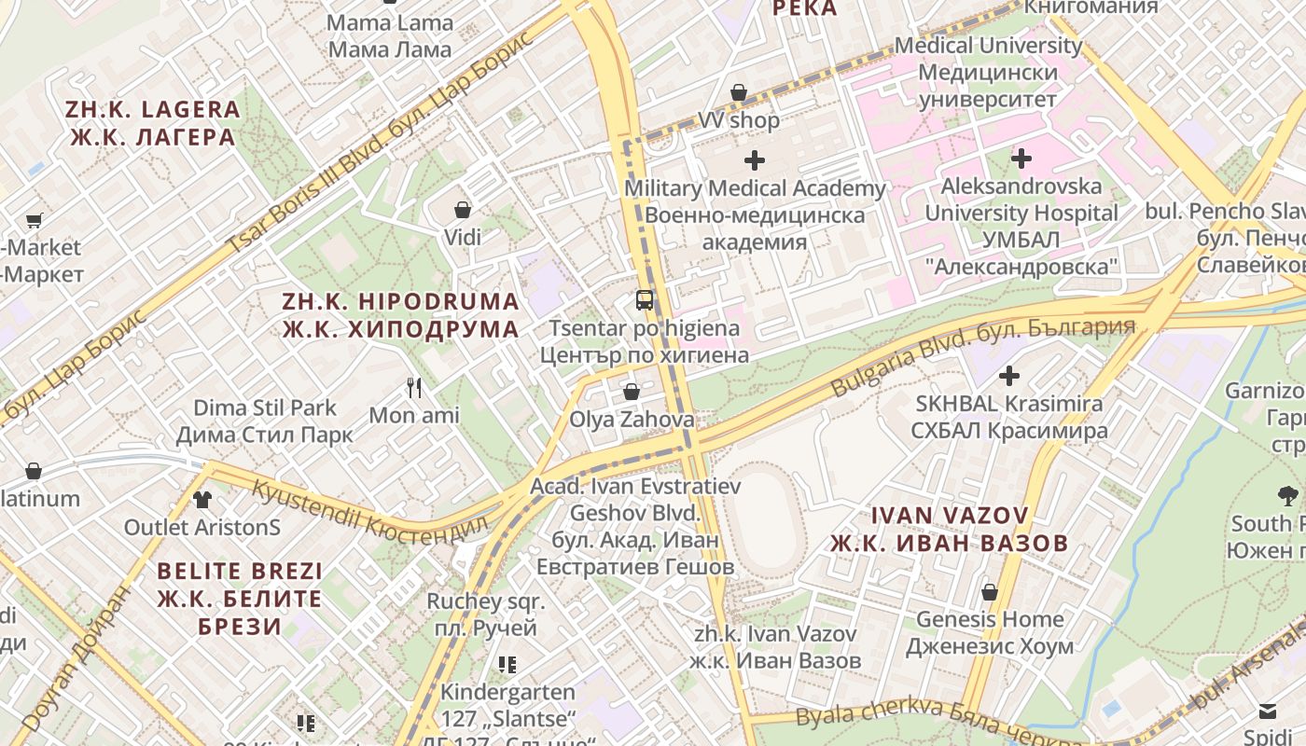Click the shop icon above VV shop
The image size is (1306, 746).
pyautogui.click(x=739, y=92)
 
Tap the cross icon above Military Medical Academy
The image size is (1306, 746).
pyautogui.click(x=755, y=160)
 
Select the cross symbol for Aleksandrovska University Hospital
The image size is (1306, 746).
pyautogui.click(x=1021, y=159)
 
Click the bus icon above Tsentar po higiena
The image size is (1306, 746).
pyautogui.click(x=645, y=300)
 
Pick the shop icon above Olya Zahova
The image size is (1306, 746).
pyautogui.click(x=632, y=392)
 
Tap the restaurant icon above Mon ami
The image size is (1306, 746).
pyautogui.click(x=415, y=387)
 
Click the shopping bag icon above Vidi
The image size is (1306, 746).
pyautogui.click(x=463, y=210)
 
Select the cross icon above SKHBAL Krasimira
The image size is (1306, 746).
pyautogui.click(x=1008, y=376)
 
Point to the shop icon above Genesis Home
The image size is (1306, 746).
pyautogui.click(x=990, y=592)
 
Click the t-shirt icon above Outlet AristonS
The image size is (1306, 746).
pyautogui.click(x=202, y=499)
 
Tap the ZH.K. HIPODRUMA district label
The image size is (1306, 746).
pyautogui.click(x=401, y=315)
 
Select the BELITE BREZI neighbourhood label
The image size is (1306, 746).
pyautogui.click(x=240, y=598)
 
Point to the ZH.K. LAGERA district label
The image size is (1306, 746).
pyautogui.click(x=153, y=123)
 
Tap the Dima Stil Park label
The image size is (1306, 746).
pyautogui.click(x=265, y=421)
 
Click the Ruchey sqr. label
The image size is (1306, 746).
pyautogui.click(x=486, y=615)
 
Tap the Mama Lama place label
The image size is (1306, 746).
pyautogui.click(x=391, y=35)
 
